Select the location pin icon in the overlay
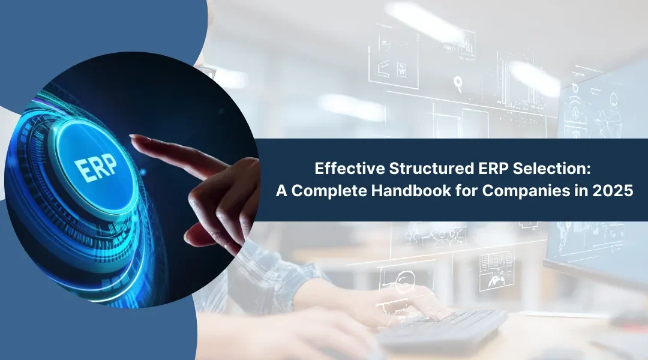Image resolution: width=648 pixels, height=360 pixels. point(458,83)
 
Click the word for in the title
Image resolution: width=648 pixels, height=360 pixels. point(467,191)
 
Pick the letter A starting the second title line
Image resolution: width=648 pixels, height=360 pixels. point(281,191)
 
